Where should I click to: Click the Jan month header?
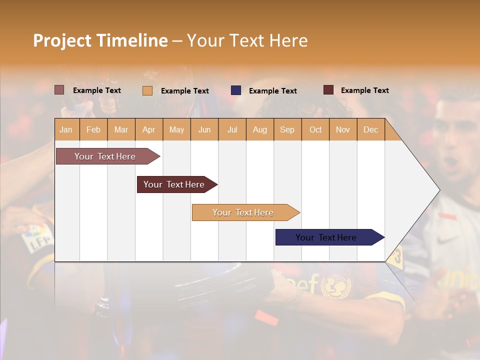[66, 129]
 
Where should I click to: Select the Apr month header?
[148, 129]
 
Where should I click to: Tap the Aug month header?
[259, 129]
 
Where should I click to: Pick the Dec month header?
[370, 129]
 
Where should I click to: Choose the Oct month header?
[315, 129]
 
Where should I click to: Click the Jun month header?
[204, 129]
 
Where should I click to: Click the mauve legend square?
[59, 90]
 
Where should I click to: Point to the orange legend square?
[147, 90]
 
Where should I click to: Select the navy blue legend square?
[236, 90]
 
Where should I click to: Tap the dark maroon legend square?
[328, 90]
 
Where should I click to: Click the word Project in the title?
[62, 40]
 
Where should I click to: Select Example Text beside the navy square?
[272, 91]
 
